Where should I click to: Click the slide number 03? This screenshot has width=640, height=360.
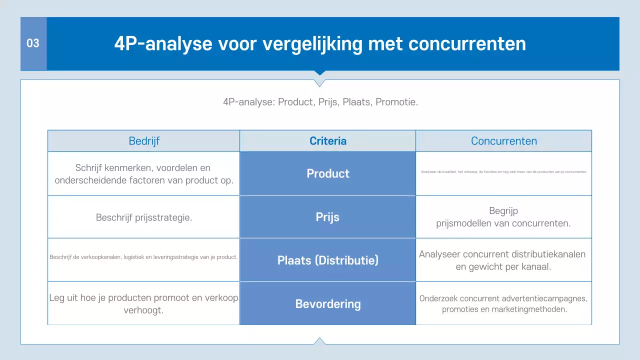pyautogui.click(x=33, y=43)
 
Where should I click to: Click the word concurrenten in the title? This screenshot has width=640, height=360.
pyautogui.click(x=467, y=44)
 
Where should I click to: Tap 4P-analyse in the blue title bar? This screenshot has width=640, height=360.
pyautogui.click(x=160, y=44)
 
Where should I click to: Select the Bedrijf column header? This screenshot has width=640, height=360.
pyautogui.click(x=144, y=141)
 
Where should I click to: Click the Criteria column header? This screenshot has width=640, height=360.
pyautogui.click(x=328, y=141)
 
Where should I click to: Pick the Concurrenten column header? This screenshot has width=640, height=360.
pyautogui.click(x=504, y=141)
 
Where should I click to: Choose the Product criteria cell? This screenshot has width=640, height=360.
pyautogui.click(x=328, y=173)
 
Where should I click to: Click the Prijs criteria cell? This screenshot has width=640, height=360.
pyautogui.click(x=328, y=217)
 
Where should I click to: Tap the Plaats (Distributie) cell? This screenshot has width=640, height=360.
pyautogui.click(x=328, y=260)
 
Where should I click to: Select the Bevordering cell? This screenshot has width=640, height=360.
pyautogui.click(x=328, y=304)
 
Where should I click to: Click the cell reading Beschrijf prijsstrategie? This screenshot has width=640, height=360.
pyautogui.click(x=144, y=217)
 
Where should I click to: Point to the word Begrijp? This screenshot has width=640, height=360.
pyautogui.click(x=503, y=211)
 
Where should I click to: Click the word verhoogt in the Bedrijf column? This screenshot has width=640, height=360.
pyautogui.click(x=144, y=310)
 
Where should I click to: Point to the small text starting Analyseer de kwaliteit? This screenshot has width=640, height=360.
pyautogui.click(x=504, y=171)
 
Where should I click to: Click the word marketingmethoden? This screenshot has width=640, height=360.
pyautogui.click(x=533, y=309)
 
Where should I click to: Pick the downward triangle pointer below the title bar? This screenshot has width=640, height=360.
pyautogui.click(x=320, y=82)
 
